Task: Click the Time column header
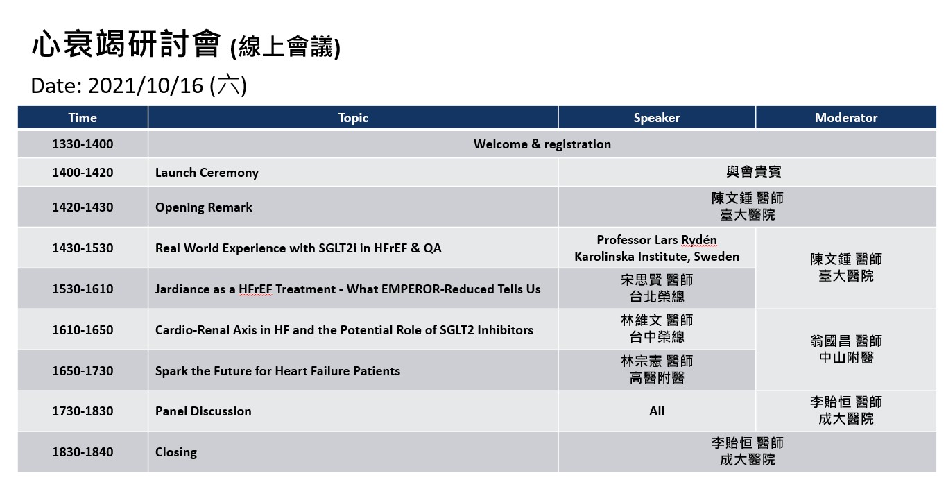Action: [83, 117]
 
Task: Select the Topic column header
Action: [353, 117]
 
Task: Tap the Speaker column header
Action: [657, 117]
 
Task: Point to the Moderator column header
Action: [846, 117]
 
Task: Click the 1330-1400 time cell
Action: [83, 144]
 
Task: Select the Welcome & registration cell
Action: [542, 144]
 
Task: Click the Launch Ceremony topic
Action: [207, 173]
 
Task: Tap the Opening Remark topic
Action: [204, 207]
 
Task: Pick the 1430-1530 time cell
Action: [83, 248]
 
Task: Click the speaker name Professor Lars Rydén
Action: [657, 240]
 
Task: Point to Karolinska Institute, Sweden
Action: [657, 257]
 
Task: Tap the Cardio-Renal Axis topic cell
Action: [344, 329]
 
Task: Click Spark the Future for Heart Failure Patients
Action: [277, 370]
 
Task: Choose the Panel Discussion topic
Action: [203, 411]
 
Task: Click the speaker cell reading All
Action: [657, 411]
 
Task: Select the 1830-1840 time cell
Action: [83, 452]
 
